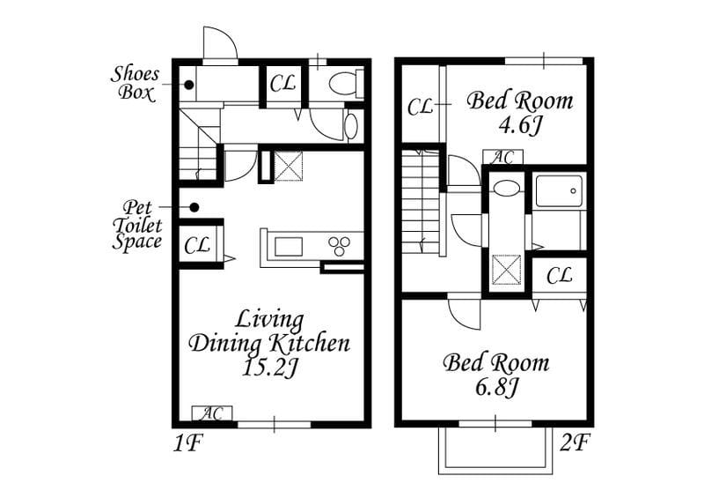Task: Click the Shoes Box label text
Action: point(135,83)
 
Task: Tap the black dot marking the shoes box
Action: point(189,84)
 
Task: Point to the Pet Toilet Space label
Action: point(137,225)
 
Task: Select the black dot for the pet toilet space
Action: point(194,207)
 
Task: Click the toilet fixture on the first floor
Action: point(346,84)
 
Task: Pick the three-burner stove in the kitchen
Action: point(340,245)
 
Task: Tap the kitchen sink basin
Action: point(289,247)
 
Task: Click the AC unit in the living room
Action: point(212,413)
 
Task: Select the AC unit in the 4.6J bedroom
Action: point(502,157)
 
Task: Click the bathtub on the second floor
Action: point(560,191)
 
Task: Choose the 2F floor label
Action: point(575,442)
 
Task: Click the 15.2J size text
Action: point(269,368)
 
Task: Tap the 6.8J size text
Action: point(496,387)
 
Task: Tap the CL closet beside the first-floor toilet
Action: point(282,83)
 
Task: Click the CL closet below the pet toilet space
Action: point(197,245)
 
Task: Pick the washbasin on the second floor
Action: point(505,188)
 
